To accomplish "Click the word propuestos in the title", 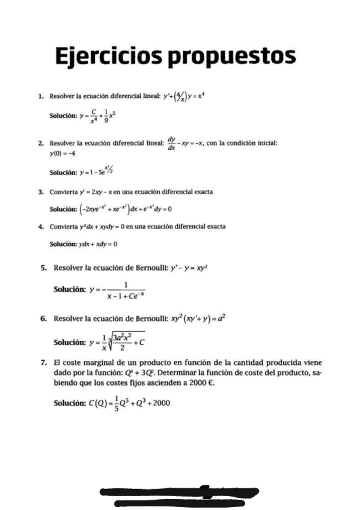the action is pos(231,58).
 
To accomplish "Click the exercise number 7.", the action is pos(44,363).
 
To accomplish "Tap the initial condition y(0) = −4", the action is pos(62,154).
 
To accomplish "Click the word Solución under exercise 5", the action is pos(71,289).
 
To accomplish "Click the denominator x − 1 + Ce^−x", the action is pos(125,295).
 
